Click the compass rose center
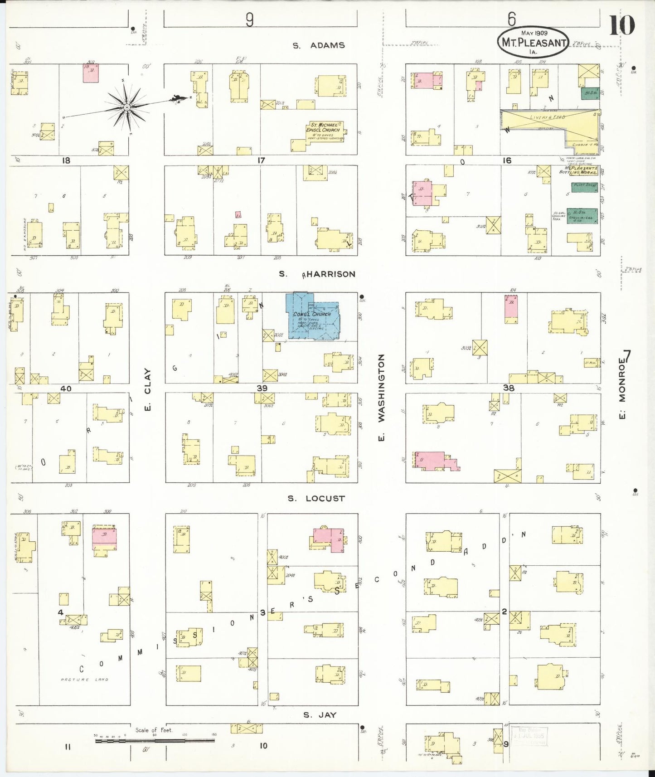click(127, 107)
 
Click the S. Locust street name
click(316, 498)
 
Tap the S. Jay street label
click(320, 715)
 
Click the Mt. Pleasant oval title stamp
click(533, 42)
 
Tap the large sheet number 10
click(621, 25)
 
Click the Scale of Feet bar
click(154, 741)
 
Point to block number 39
click(262, 388)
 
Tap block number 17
click(261, 160)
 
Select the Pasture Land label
click(85, 680)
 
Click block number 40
click(66, 388)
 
